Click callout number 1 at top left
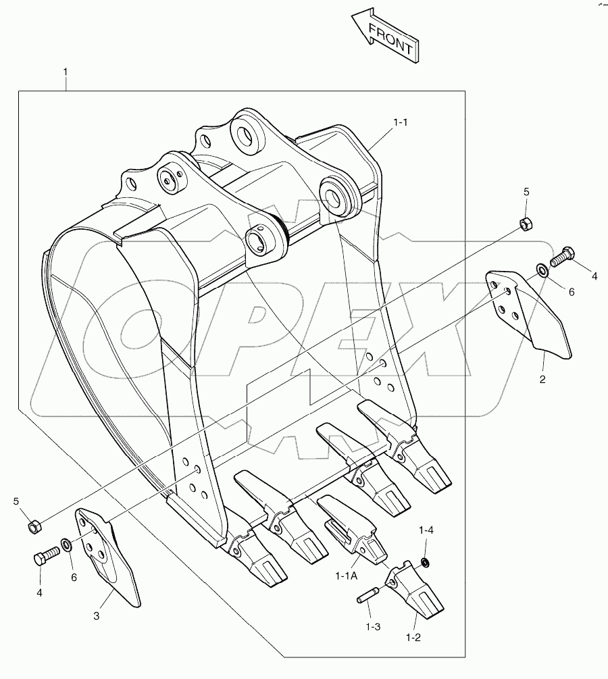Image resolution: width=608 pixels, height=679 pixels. [x=65, y=71]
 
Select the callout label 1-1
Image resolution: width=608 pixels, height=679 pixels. [x=401, y=122]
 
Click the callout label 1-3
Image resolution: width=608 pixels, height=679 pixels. [x=373, y=626]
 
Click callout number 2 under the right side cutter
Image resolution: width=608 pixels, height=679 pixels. [x=542, y=380]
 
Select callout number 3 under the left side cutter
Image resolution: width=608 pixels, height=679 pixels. [x=96, y=615]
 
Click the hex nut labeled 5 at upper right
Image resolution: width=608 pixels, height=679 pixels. [x=525, y=223]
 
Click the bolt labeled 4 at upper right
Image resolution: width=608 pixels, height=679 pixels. [x=562, y=256]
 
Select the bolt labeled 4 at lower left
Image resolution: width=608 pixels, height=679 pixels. [x=43, y=559]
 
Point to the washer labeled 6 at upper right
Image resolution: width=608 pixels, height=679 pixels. [x=542, y=272]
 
